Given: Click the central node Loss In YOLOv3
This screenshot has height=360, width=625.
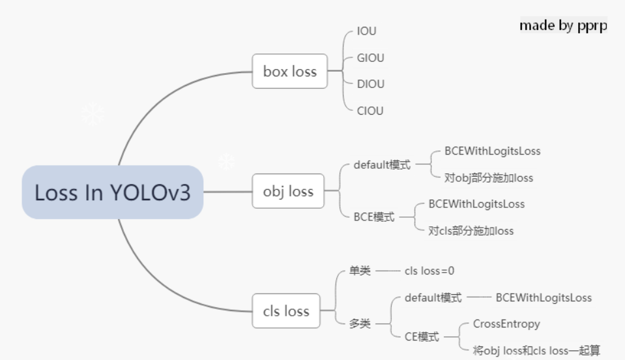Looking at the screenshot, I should pos(112,192).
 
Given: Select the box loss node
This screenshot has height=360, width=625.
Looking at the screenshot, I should pos(290,71).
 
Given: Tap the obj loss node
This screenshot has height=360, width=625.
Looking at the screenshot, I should pos(288,191).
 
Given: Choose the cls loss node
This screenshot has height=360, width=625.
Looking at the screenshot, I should pos(286,311).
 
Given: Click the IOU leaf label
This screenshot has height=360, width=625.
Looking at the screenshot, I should pos(366,31).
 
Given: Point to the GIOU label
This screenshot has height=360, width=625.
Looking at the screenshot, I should pos(370,58).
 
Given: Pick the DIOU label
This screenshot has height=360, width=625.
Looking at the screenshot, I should pos(370,84).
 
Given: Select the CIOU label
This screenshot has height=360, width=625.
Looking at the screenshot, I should pos(370,111).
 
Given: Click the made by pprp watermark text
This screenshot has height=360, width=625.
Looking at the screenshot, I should pos(563,25).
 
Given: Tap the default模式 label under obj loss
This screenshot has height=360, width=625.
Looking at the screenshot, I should pos(382,165).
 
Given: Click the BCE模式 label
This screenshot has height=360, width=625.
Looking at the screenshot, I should pos(373,217).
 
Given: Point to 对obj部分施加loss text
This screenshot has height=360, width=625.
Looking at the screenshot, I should pos(489,177).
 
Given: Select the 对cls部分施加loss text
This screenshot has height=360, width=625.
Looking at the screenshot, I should pos(471,230).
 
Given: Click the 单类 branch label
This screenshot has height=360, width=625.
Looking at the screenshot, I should pos(360,271).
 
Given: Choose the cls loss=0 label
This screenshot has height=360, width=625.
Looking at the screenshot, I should pos(433,271).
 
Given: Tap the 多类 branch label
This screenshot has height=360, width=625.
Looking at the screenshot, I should pos(360,323).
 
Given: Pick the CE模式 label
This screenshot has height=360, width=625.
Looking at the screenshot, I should pos(422,337).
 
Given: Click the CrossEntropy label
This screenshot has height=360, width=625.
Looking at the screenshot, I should pos(506,323).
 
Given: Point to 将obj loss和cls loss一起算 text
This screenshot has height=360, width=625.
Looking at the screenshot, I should pos(536,351).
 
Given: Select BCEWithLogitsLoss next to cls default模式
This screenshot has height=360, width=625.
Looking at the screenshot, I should pos(544,298).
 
